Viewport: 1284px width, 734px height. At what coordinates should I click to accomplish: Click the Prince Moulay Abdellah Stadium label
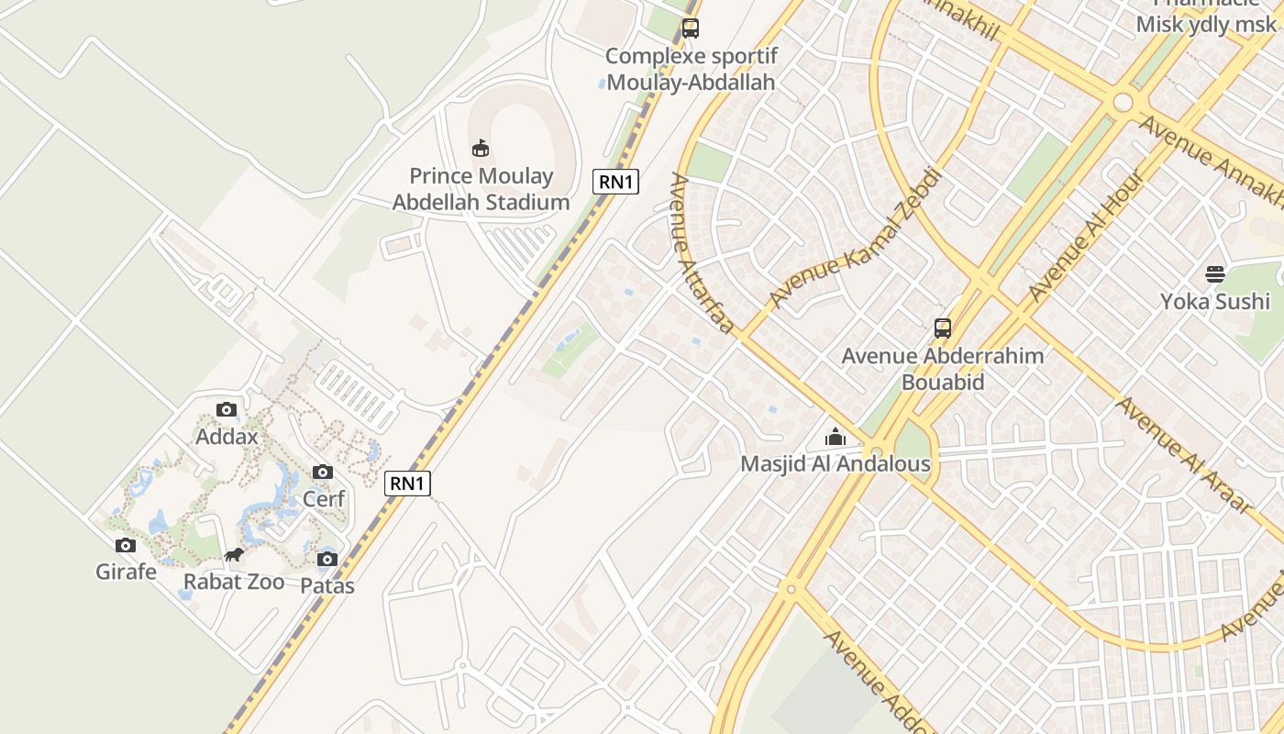point(481,189)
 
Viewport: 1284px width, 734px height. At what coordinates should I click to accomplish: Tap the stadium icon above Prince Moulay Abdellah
point(481,148)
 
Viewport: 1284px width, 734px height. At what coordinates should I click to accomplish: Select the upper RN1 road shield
point(615,182)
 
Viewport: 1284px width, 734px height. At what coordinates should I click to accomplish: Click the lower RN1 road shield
point(407,484)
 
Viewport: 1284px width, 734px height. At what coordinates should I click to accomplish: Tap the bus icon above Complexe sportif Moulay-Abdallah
point(691,28)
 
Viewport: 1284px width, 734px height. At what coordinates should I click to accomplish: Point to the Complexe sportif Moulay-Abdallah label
point(691,69)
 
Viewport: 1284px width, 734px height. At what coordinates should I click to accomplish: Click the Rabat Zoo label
point(234,582)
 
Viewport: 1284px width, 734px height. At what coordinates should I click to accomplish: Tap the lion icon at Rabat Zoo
point(234,555)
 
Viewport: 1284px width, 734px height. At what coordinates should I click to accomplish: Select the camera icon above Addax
point(227,410)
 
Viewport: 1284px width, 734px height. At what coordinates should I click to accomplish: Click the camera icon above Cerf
point(323,473)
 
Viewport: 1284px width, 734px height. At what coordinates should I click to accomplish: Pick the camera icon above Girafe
point(127,546)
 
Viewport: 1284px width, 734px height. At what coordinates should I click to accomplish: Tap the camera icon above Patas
point(327,560)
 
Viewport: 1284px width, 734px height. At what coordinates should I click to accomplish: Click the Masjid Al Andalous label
point(836,464)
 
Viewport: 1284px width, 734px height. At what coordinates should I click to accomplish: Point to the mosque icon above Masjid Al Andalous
point(835,438)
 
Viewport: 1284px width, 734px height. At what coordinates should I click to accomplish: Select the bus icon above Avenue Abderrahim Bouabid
point(942,328)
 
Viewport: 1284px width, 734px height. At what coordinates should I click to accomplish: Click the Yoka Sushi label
point(1215,302)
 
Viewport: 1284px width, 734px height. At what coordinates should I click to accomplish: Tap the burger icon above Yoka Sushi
point(1215,274)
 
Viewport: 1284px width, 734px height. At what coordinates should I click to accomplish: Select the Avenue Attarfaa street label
point(703,255)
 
